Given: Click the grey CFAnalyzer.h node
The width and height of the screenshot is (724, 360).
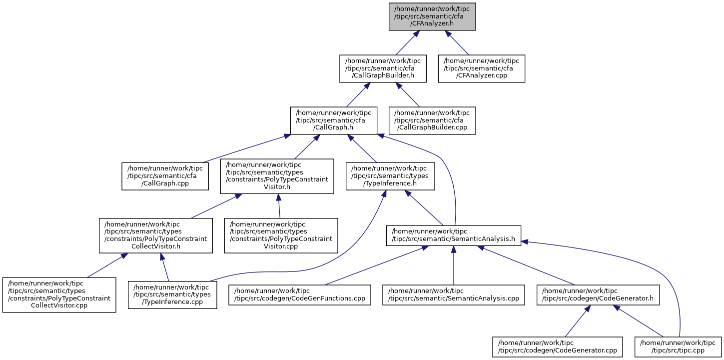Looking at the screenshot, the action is pyautogui.click(x=432, y=16).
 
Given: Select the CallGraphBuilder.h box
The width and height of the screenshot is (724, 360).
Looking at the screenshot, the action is pyautogui.click(x=383, y=68).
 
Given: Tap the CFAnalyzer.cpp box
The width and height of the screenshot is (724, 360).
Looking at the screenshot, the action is pyautogui.click(x=481, y=68).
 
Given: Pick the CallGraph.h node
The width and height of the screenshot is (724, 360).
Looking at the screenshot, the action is pyautogui.click(x=334, y=120).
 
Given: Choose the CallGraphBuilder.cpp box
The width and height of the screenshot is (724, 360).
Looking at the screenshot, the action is pyautogui.click(x=432, y=120).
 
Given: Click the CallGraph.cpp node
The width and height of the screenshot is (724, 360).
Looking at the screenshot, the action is pyautogui.click(x=165, y=176).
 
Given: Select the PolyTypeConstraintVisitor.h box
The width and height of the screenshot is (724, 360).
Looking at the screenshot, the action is pyautogui.click(x=277, y=176).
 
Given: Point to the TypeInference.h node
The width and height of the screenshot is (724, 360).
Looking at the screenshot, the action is pyautogui.click(x=390, y=176).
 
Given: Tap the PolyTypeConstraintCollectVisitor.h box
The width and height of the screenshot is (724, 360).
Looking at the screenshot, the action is pyautogui.click(x=156, y=235).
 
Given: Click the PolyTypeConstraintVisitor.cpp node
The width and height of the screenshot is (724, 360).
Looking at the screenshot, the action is pyautogui.click(x=281, y=235).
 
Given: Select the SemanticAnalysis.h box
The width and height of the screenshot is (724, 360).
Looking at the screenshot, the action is pyautogui.click(x=454, y=235).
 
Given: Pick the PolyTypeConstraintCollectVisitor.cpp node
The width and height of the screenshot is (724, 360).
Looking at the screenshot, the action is pyautogui.click(x=59, y=294).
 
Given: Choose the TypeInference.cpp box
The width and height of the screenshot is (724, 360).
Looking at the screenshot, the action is pyautogui.click(x=172, y=294).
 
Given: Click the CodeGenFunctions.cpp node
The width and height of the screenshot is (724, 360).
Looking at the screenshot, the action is pyautogui.click(x=300, y=294).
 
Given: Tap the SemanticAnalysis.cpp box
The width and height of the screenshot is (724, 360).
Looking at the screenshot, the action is pyautogui.click(x=454, y=294).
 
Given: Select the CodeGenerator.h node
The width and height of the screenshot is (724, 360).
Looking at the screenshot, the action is pyautogui.click(x=598, y=294).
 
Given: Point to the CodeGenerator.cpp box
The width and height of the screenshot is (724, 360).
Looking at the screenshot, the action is pyautogui.click(x=558, y=346).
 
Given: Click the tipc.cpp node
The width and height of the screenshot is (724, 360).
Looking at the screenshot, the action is pyautogui.click(x=678, y=346).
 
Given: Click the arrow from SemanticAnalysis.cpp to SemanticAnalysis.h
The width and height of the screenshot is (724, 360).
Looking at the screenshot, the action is pyautogui.click(x=454, y=265).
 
